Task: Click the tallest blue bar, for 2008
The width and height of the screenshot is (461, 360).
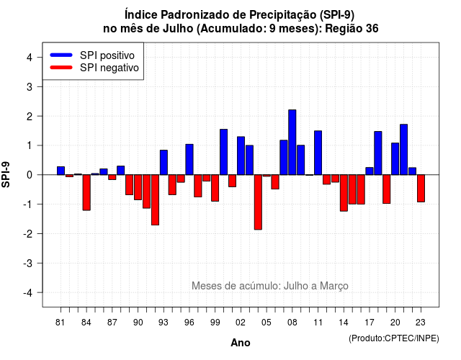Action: pos(292,143)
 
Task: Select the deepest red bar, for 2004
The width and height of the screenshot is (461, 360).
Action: pos(258,202)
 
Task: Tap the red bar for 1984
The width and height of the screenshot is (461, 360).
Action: pos(86,192)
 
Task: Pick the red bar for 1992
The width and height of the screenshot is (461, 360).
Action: pos(155,200)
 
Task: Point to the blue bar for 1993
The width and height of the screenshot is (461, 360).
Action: pos(164,163)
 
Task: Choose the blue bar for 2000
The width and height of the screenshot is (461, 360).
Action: pos(223,152)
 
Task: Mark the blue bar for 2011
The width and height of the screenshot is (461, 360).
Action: pos(318,153)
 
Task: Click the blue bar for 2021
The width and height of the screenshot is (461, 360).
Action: pos(403,150)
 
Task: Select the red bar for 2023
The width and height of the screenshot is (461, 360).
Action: pos(421,189)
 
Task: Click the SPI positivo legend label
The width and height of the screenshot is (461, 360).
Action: pos(107,55)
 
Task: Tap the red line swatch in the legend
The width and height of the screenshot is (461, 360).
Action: pos(61,68)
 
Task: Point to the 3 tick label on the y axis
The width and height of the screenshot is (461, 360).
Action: pos(30,86)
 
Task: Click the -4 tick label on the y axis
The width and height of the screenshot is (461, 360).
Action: pos(28,293)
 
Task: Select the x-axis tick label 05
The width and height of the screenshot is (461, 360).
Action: pos(267,323)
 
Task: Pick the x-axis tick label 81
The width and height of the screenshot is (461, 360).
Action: pos(60,323)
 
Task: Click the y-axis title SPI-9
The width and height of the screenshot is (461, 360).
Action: pos(6,174)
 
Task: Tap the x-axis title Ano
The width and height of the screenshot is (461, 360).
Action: pos(241,343)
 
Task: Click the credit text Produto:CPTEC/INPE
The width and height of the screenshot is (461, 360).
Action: pos(394,338)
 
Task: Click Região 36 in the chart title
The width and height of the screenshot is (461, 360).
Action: pos(352,29)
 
